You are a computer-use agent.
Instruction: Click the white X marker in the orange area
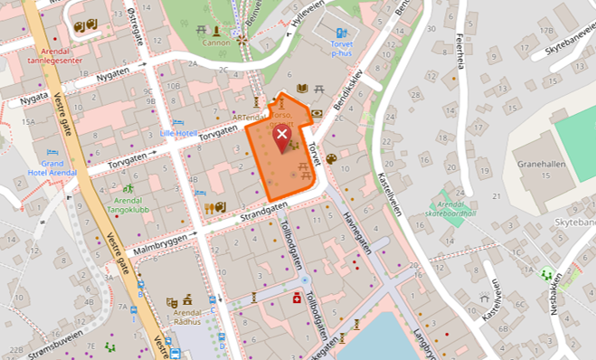click(x=281, y=137)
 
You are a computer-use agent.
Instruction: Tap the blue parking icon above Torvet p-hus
click(x=341, y=33)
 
